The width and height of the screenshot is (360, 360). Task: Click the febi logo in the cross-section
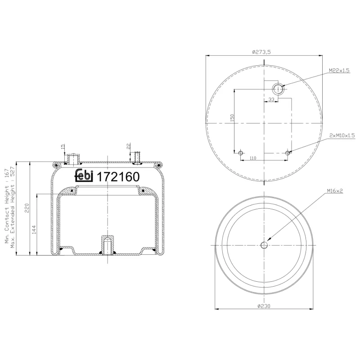point(84,175)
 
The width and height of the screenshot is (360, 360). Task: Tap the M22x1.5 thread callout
point(339,71)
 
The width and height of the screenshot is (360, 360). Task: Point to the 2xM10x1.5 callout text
point(342,135)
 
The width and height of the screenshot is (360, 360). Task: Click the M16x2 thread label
point(335,191)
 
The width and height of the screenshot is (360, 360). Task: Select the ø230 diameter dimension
point(264,306)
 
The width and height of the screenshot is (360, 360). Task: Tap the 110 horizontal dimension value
point(252,158)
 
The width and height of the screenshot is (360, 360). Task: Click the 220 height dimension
point(27,208)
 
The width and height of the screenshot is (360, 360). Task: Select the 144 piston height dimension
point(35,229)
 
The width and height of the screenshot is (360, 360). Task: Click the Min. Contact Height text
point(7,207)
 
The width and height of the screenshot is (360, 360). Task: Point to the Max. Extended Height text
point(13,207)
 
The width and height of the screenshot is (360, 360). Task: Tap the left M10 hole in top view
point(241,153)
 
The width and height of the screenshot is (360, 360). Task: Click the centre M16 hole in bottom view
point(264,245)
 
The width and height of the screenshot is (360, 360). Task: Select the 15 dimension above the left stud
point(63,147)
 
